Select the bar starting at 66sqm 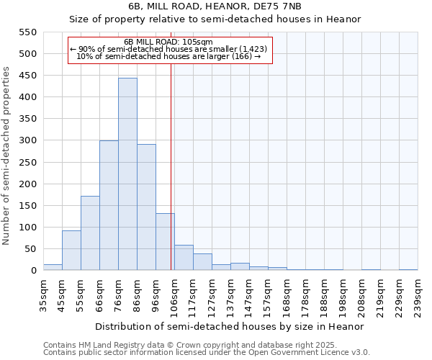[109, 205]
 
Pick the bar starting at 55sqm [90, 233]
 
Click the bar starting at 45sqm [71, 251]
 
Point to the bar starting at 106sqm [184, 258]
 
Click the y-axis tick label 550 [27, 32]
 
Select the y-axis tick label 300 [27, 140]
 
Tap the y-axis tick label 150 [27, 206]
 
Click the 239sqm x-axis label [418, 296]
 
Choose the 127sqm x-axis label [212, 296]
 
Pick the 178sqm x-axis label [306, 296]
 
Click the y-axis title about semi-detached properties [7, 156]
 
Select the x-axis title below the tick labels [230, 326]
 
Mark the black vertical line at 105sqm [171, 180]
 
